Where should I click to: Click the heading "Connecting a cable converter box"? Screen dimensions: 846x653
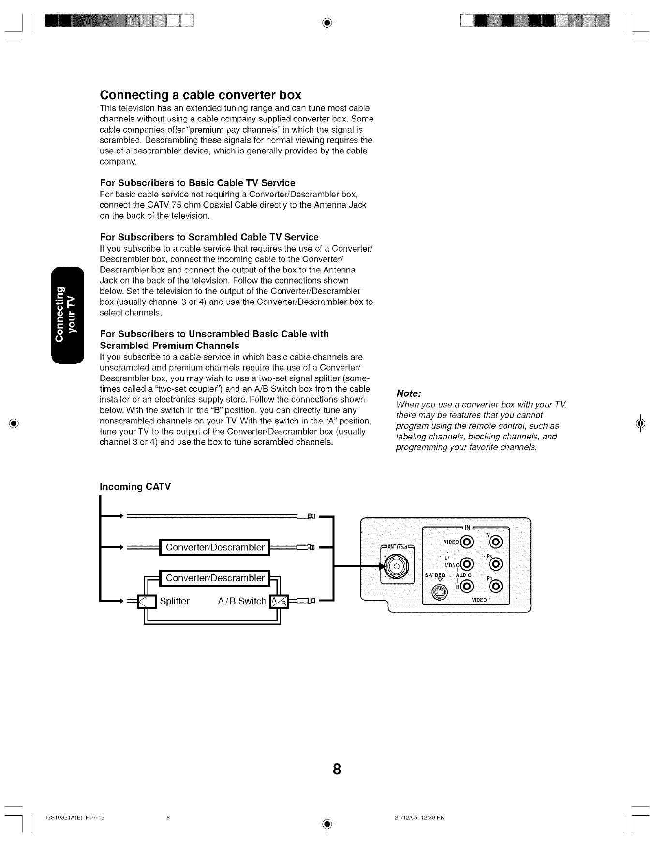pyautogui.click(x=200, y=94)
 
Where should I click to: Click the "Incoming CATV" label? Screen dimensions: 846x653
pyautogui.click(x=135, y=486)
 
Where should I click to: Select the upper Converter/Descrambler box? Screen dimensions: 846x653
pyautogui.click(x=215, y=547)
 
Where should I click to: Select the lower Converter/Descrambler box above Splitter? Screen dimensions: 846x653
pyautogui.click(x=215, y=578)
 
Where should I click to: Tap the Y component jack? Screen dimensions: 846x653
pyautogui.click(x=499, y=541)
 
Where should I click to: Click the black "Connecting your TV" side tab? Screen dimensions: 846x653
pyautogui.click(x=67, y=315)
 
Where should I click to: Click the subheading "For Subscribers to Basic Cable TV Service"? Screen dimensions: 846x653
pyautogui.click(x=197, y=183)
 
